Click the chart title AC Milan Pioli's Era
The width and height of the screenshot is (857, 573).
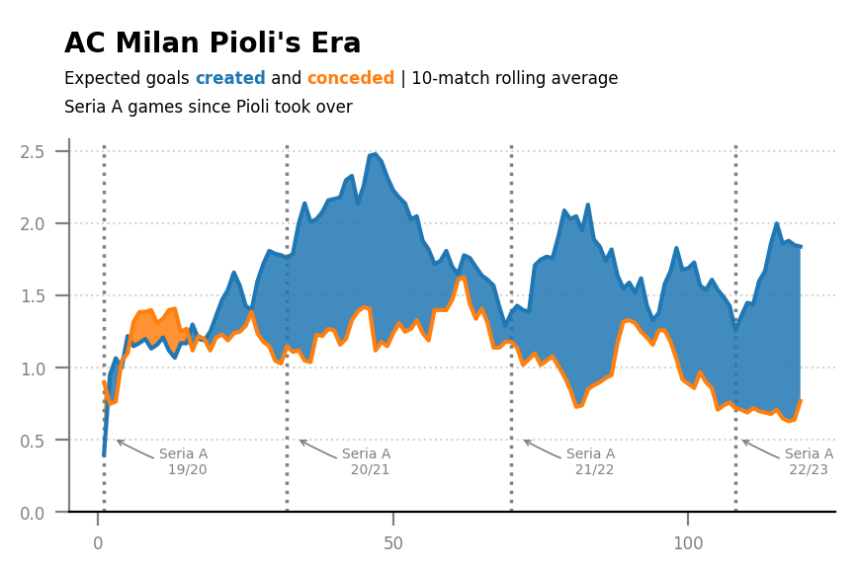(213, 43)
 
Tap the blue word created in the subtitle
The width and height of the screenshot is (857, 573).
(230, 78)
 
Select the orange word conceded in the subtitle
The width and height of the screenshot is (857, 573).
(350, 78)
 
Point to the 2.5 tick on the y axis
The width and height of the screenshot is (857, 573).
(33, 151)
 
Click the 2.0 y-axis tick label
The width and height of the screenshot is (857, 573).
(33, 223)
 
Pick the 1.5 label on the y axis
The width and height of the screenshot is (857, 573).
(33, 295)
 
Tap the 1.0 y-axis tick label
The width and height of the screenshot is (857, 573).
(33, 368)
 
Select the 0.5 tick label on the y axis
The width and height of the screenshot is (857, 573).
(33, 441)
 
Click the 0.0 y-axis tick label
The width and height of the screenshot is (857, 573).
(33, 513)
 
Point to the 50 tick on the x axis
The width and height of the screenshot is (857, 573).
(393, 543)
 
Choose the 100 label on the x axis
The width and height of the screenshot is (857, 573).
(688, 543)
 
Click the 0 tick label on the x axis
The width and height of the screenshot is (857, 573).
(98, 543)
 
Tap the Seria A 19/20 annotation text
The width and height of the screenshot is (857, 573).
(184, 461)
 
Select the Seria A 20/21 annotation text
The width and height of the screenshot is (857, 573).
(366, 461)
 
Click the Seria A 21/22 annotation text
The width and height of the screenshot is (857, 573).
(591, 461)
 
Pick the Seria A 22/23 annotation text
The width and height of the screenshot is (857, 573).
(810, 461)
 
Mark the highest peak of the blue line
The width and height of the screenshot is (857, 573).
(375, 154)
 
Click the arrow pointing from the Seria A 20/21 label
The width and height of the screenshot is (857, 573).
(318, 449)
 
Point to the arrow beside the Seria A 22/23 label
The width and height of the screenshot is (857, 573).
(761, 449)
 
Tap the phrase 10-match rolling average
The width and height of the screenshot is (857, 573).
(515, 78)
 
